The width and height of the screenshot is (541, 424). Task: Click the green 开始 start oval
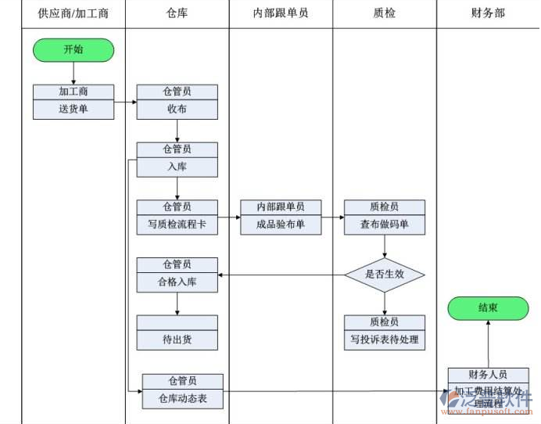point(73,49)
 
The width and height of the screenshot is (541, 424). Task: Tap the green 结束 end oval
point(488,307)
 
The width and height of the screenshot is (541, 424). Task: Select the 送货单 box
point(73,110)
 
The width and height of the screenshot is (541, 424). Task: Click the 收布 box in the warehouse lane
point(177,110)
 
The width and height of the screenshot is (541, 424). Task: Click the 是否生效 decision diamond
point(385,275)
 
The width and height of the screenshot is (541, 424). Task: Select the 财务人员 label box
point(488,375)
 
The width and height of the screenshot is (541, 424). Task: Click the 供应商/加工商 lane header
point(73,13)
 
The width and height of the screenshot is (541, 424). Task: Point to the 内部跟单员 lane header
point(281,13)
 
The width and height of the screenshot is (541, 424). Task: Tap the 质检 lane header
point(385,13)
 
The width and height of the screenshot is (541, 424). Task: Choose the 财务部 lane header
point(488,13)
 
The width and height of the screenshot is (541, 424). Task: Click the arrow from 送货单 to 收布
point(125,102)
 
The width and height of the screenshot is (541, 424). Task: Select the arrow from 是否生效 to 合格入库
point(281,275)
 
